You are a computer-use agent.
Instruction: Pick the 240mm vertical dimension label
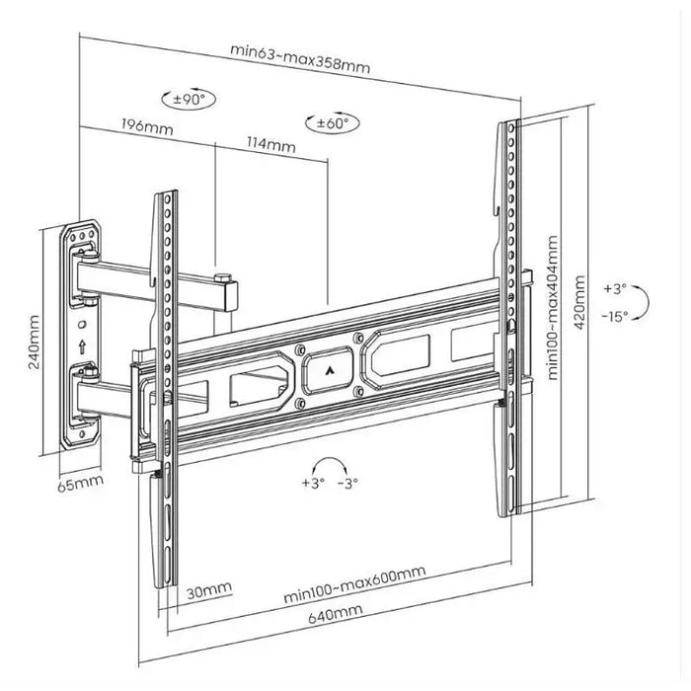pos(36,341)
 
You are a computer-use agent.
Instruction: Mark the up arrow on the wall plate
pos(82,346)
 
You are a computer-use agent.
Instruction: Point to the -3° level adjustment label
pos(347,483)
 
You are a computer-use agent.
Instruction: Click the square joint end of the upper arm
pos(229,293)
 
